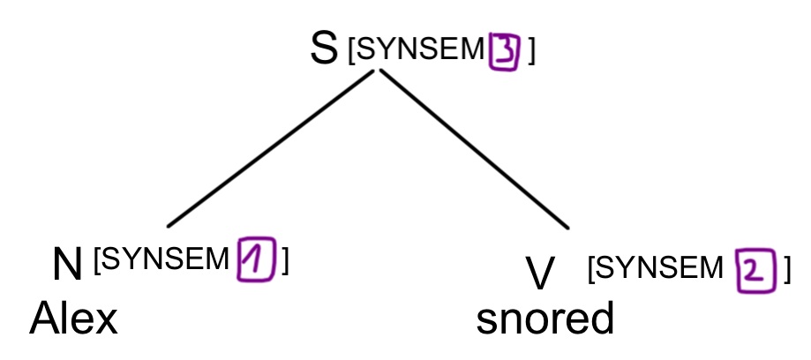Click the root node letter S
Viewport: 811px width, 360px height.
[x=323, y=49]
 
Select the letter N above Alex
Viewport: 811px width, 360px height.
[x=67, y=265]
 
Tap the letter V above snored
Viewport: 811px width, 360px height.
[x=539, y=273]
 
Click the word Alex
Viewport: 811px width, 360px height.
[x=74, y=319]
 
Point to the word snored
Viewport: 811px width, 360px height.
[x=544, y=319]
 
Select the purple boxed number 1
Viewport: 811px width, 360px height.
[x=254, y=261]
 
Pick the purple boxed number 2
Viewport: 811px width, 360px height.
[x=757, y=270]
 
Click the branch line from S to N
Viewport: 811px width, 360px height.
[x=270, y=148]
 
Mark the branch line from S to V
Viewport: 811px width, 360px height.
[x=474, y=149]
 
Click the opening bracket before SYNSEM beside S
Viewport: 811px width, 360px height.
[x=353, y=52]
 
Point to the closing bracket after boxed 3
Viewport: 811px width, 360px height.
[x=530, y=52]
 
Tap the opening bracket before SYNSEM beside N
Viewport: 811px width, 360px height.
[x=97, y=260]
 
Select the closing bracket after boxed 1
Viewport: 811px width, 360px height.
[x=284, y=260]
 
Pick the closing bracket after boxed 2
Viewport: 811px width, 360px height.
[x=786, y=269]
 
